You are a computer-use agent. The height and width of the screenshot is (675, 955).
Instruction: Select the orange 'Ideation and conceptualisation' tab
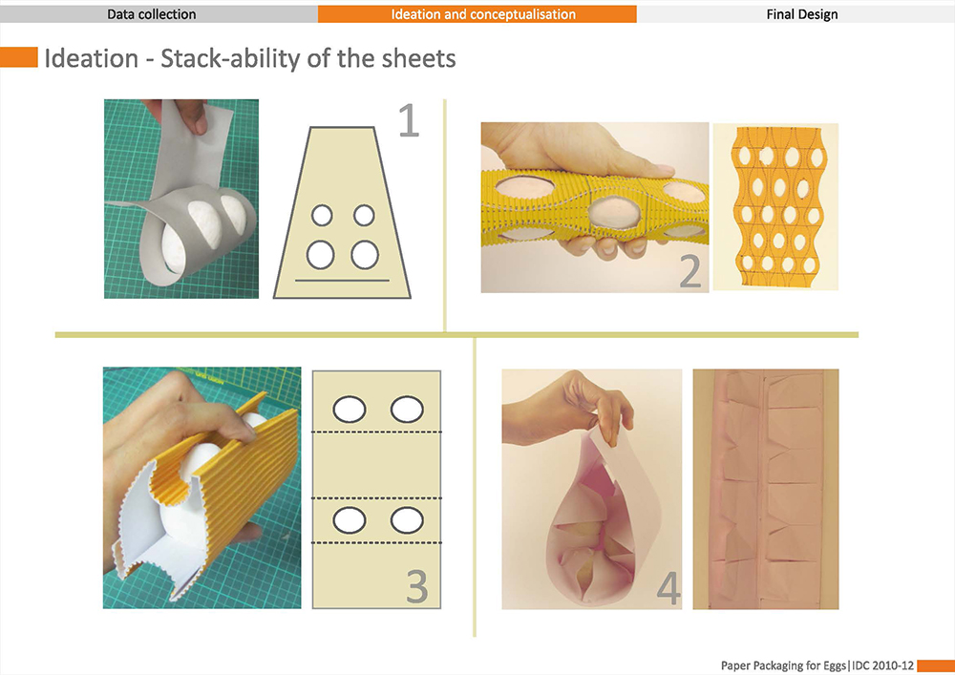point(477,14)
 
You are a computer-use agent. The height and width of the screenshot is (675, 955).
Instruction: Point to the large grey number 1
point(409,120)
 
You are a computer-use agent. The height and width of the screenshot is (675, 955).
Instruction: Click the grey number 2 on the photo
point(690,271)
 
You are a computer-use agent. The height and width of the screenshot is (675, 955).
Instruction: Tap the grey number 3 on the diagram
point(417,586)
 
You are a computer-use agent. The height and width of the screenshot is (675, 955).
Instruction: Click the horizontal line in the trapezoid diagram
point(342,281)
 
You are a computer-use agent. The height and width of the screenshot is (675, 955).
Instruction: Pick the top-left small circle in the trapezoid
point(322,215)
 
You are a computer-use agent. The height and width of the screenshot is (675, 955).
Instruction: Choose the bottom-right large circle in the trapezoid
point(365,254)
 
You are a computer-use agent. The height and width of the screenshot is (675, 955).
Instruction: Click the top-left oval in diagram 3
point(349,409)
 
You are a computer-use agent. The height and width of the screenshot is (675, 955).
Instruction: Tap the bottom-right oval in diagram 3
point(407,520)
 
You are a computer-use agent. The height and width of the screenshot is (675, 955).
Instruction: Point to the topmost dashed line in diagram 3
point(376,432)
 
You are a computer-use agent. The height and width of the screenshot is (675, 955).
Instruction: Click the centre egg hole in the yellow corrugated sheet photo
point(614,212)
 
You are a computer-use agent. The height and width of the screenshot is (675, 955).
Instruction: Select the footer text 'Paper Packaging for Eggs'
point(784,665)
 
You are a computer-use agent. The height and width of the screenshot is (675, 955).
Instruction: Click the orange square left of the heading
point(19,56)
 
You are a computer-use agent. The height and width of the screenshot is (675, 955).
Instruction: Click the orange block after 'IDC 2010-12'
point(936,665)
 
